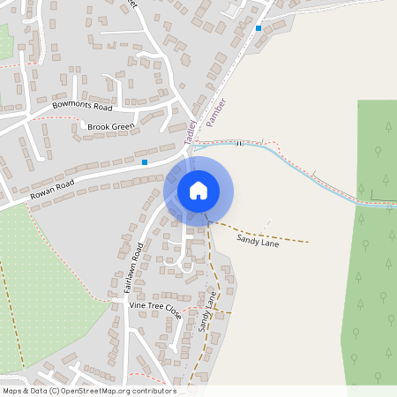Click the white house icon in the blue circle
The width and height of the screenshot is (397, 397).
click(x=198, y=190)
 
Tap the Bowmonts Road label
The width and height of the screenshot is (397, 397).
click(x=82, y=107)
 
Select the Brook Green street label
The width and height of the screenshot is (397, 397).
click(x=109, y=127)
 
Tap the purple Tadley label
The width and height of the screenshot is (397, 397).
click(x=190, y=132)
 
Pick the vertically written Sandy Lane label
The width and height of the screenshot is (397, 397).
click(x=207, y=311)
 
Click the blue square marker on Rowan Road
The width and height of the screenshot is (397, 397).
click(x=145, y=162)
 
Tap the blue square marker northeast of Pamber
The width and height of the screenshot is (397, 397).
click(x=258, y=28)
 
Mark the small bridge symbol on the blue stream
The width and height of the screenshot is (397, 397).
click(x=238, y=143)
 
